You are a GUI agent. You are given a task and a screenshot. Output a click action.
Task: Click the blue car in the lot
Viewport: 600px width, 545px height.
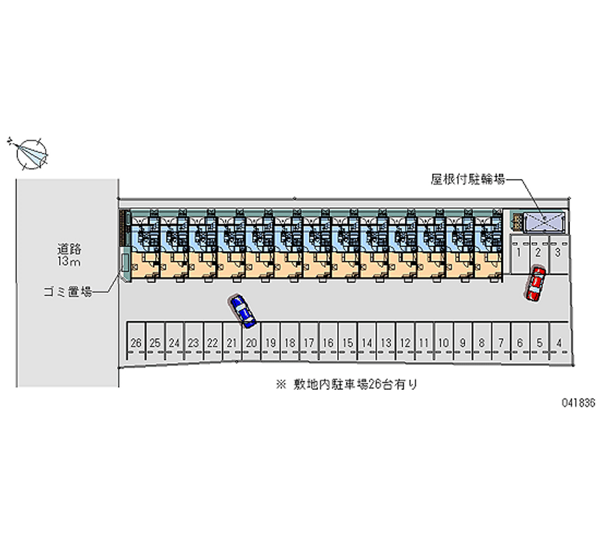pyautogui.click(x=243, y=310)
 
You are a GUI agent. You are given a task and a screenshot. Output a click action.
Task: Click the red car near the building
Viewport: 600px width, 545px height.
pyautogui.click(x=535, y=284)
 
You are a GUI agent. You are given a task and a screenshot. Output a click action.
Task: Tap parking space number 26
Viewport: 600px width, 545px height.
pyautogui.click(x=136, y=343)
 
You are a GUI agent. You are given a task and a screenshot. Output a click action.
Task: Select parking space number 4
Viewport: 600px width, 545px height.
pyautogui.click(x=559, y=343)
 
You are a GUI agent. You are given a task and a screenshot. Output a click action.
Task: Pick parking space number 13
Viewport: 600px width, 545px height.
pyautogui.click(x=385, y=343)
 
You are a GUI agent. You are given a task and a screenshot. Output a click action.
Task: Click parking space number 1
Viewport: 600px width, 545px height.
pyautogui.click(x=519, y=253)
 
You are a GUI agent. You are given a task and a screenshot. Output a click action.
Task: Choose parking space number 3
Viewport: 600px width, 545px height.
pyautogui.click(x=558, y=253)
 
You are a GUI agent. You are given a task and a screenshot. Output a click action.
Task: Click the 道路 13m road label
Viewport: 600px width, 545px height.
pyautogui.click(x=68, y=254)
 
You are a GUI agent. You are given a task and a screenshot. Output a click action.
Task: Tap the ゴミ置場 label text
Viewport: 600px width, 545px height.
pyautogui.click(x=67, y=292)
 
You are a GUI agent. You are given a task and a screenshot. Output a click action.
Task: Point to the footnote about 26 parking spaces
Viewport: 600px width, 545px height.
pyautogui.click(x=346, y=385)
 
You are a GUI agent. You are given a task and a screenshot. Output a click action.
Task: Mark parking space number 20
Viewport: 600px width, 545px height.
pyautogui.click(x=251, y=343)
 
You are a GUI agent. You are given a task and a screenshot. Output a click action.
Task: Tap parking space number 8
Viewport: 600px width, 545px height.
pyautogui.click(x=481, y=343)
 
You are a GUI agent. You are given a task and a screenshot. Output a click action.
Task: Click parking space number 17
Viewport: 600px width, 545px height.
pyautogui.click(x=309, y=343)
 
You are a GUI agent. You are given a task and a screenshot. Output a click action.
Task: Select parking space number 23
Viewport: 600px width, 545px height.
pyautogui.click(x=193, y=343)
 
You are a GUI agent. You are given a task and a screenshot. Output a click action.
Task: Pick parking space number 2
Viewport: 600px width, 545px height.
pyautogui.click(x=538, y=253)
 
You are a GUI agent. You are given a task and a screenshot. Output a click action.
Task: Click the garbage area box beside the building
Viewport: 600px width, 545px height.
pyautogui.click(x=124, y=262)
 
